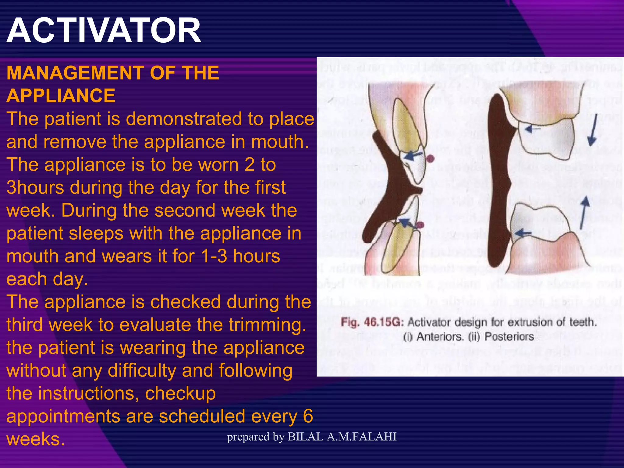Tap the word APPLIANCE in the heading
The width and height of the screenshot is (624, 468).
click(61, 96)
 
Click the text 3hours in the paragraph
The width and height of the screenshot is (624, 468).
click(35, 187)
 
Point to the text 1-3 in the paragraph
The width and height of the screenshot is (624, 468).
click(214, 256)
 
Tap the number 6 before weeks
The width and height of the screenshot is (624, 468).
click(308, 416)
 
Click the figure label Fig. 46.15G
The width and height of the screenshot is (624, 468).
click(372, 322)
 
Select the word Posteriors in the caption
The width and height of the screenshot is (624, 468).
click(509, 336)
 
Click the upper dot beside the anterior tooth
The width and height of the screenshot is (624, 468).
click(430, 158)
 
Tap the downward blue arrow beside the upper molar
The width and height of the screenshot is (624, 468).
click(593, 129)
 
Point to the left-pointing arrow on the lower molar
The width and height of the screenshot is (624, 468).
click(523, 233)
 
